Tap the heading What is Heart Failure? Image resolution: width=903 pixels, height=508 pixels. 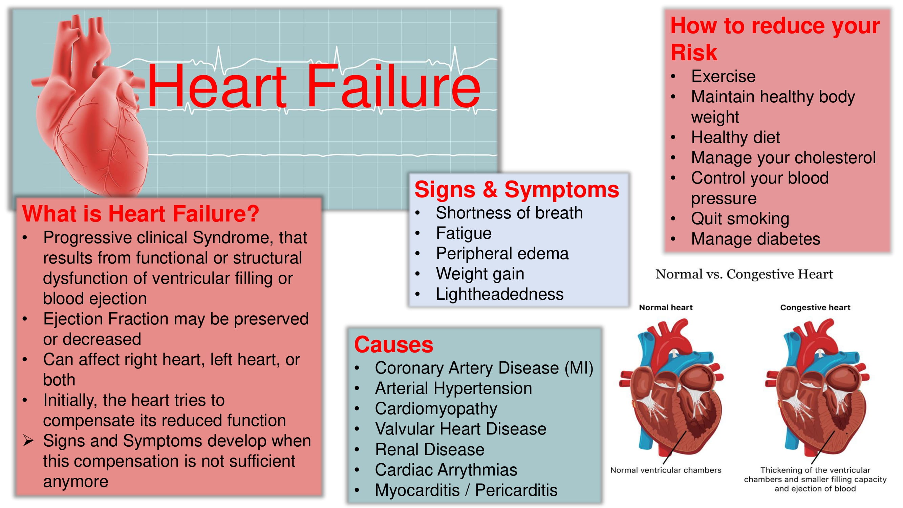pos(141,213)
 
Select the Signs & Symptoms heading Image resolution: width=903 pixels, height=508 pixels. pos(517,190)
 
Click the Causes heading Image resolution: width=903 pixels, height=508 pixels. pos(394,344)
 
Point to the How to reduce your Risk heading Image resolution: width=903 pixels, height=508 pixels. pos(775,39)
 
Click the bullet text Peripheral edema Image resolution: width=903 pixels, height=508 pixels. pos(502,253)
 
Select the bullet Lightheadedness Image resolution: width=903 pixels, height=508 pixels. pos(499,294)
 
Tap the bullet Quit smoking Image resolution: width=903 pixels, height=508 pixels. pos(740,219)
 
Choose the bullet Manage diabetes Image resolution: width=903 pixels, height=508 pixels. pos(755,239)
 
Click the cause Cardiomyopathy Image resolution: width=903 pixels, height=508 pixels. pos(436,409)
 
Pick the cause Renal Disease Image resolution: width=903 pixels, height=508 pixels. pos(430,449)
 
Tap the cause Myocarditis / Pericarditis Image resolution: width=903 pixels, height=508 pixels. pos(466,490)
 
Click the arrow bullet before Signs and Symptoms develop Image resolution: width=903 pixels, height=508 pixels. pos(28,441)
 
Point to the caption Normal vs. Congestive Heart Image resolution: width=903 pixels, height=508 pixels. pos(744,274)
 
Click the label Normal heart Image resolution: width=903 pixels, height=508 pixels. pos(666,308)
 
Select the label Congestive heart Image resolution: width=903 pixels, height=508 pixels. pos(815,308)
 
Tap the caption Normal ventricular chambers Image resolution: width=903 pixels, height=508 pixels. pos(666,470)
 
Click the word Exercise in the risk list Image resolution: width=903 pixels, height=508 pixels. pos(723,77)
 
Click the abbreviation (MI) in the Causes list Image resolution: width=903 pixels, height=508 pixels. pos(579,368)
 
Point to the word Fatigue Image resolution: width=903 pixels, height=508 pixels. pos(464,233)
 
